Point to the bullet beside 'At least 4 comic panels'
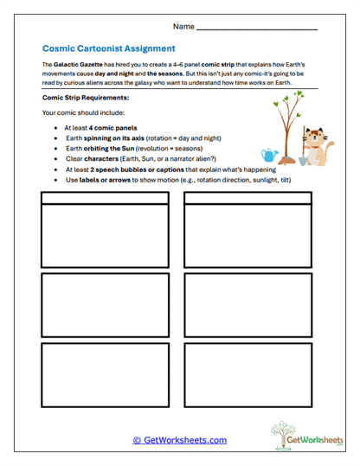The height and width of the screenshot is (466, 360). coord(56,128)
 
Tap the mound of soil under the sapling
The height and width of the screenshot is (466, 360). coord(285,161)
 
